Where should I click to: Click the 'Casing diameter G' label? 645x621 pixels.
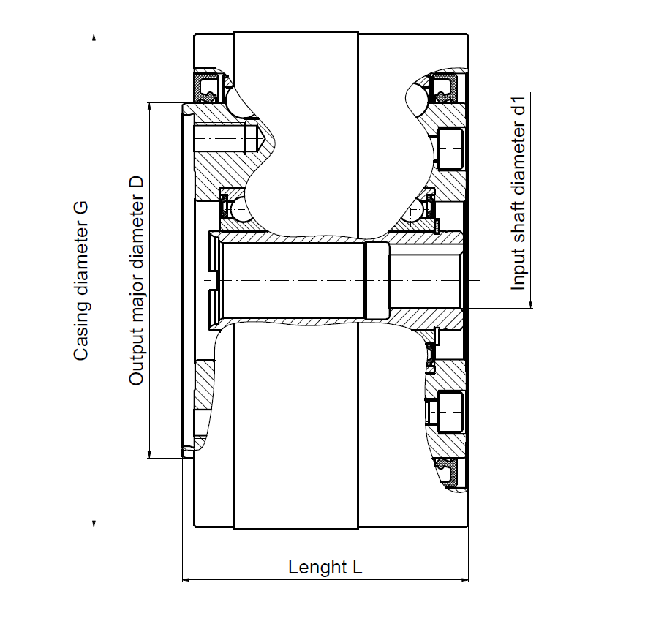pos(80,281)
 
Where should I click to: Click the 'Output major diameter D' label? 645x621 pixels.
pos(136,281)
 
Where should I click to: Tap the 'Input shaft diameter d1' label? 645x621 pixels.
pos(518,193)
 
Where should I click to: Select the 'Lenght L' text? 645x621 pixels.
pos(325,567)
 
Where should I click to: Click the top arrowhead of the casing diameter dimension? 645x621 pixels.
pos(94,38)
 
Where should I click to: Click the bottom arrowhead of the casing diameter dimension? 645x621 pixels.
pos(94,523)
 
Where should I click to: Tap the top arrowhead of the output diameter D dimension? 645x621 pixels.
pos(149,107)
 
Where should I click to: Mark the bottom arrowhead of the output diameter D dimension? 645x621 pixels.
pos(149,453)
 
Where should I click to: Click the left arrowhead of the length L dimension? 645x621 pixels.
pos(187,580)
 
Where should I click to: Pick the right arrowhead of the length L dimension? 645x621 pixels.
pos(464,580)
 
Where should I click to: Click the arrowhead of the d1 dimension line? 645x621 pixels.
pos(531,304)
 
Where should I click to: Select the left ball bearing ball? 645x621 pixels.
pos(238,209)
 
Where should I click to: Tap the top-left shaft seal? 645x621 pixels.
pos(209,88)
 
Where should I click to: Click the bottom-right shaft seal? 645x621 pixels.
pos(447,474)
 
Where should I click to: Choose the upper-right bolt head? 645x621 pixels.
pos(450,149)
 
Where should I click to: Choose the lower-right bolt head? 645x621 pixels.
pos(450,413)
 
